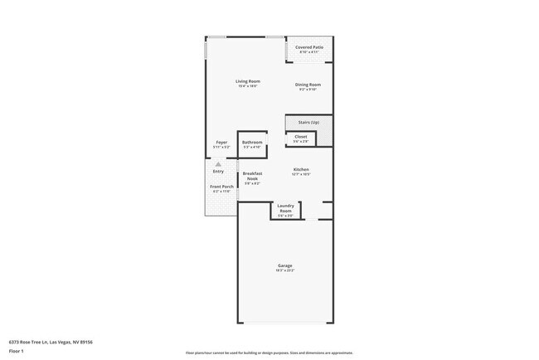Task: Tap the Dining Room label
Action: pyautogui.click(x=308, y=85)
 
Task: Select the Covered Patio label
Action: pyautogui.click(x=309, y=47)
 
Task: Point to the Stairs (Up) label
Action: pyautogui.click(x=308, y=122)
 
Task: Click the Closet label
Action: pyautogui.click(x=300, y=137)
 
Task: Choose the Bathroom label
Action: pyautogui.click(x=252, y=142)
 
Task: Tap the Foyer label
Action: pyautogui.click(x=221, y=142)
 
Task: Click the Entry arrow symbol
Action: pyautogui.click(x=218, y=164)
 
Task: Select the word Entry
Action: pyautogui.click(x=218, y=171)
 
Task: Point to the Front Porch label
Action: pyautogui.click(x=221, y=187)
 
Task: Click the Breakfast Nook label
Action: pyautogui.click(x=252, y=176)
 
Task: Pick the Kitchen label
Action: pyautogui.click(x=300, y=169)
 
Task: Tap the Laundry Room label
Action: pyautogui.click(x=285, y=208)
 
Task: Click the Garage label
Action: pyautogui.click(x=284, y=265)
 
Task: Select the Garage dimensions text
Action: pyautogui.click(x=284, y=270)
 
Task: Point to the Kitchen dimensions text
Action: pyautogui.click(x=300, y=174)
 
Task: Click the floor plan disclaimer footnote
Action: pyautogui.click(x=269, y=353)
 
